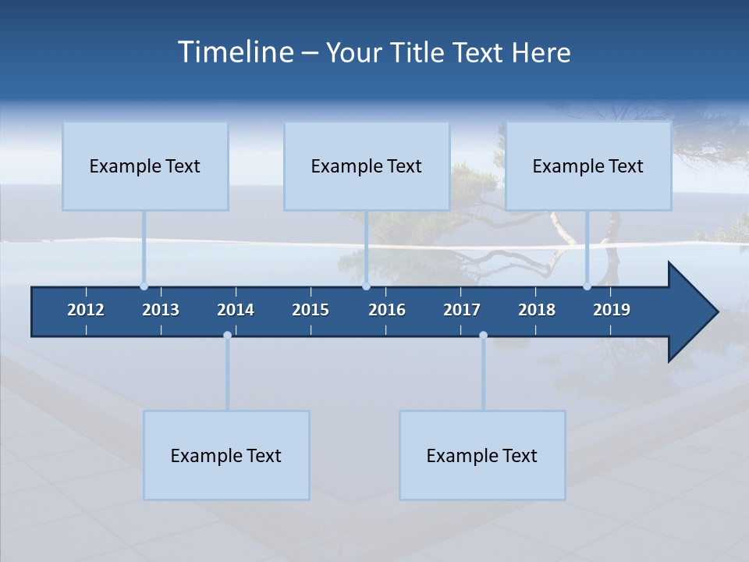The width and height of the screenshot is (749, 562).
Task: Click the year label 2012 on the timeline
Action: [86, 310]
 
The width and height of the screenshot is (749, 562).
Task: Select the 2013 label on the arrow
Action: [161, 310]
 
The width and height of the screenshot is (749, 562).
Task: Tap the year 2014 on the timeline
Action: [236, 310]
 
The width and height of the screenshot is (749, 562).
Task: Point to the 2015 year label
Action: [311, 310]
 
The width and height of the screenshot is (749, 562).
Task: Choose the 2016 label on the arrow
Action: [387, 310]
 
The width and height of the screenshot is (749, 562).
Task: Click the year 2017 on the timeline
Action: [462, 310]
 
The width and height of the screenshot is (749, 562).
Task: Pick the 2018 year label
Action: [537, 310]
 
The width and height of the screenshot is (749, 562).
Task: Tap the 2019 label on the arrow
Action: [612, 310]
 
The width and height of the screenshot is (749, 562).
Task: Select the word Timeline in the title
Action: [235, 52]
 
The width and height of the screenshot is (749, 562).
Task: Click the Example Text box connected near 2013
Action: [145, 165]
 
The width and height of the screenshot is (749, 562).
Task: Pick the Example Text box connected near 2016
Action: [367, 165]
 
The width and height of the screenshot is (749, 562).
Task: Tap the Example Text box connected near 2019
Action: [588, 165]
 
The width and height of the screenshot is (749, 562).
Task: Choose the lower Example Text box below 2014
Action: [226, 455]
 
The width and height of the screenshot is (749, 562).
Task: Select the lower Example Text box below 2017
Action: [482, 455]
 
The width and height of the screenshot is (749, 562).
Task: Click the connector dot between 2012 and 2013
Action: [144, 286]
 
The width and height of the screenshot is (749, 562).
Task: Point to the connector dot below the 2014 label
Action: [227, 336]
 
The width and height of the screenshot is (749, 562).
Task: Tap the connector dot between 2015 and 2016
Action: [366, 286]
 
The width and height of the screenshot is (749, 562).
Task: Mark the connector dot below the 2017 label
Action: [483, 336]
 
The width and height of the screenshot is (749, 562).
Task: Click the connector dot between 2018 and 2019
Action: [587, 286]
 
